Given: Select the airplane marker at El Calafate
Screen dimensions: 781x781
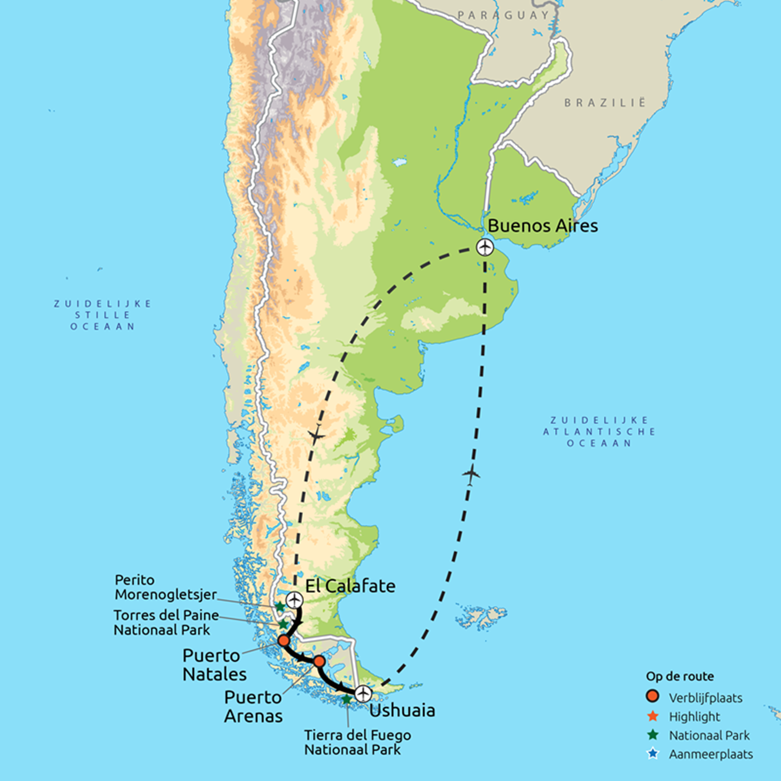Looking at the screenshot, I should pyautogui.click(x=294, y=600).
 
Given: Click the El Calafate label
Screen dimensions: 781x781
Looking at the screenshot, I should pyautogui.click(x=350, y=586).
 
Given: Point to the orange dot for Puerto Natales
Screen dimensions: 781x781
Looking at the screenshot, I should pyautogui.click(x=283, y=641).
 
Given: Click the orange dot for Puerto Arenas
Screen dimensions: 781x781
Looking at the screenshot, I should pyautogui.click(x=319, y=661).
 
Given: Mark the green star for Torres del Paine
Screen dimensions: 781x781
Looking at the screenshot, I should pyautogui.click(x=283, y=625).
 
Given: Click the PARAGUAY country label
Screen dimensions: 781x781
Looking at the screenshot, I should pyautogui.click(x=503, y=15).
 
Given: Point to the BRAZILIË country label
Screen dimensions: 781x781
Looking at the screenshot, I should pyautogui.click(x=605, y=103).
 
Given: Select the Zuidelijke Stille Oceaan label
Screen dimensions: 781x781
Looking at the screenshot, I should pyautogui.click(x=103, y=315).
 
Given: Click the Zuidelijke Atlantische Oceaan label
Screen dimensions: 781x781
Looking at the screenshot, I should pyautogui.click(x=599, y=432).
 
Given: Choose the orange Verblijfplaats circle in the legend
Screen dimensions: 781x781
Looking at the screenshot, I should pyautogui.click(x=653, y=696).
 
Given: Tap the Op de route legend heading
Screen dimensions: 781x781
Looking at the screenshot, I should pyautogui.click(x=680, y=676).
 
